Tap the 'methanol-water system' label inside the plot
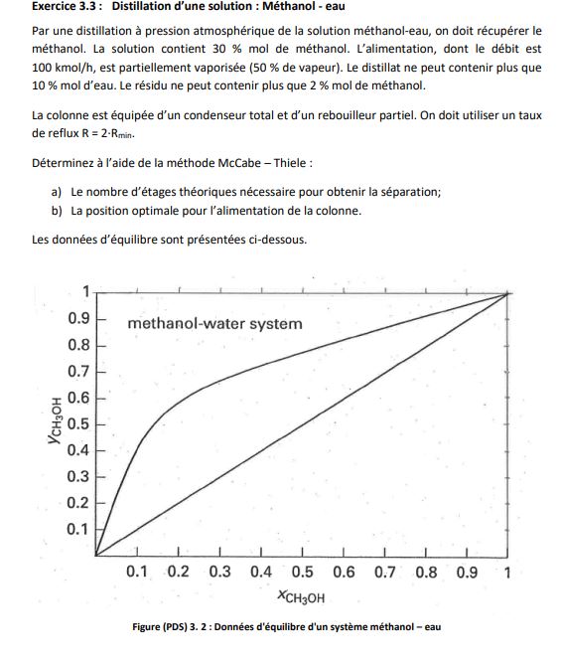214,324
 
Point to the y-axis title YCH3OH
58,422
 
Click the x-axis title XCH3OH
302,597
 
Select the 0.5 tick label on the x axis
302,573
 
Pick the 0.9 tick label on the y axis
79,319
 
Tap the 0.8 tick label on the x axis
426,573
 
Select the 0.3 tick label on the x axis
219,573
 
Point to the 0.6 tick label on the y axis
79,398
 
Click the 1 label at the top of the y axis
85,291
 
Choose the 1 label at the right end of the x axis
507,573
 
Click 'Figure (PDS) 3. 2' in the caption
178,625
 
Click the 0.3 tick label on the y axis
79,476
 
